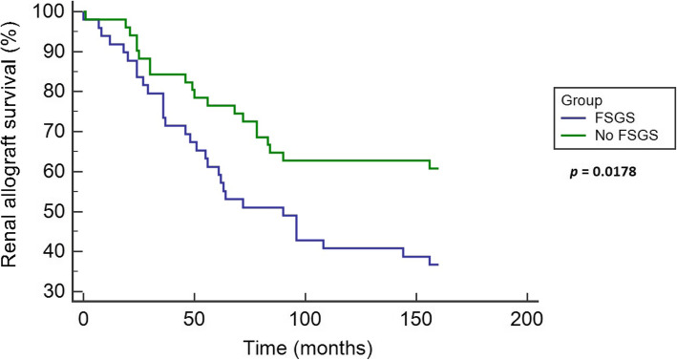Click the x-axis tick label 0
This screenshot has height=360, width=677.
click(84, 318)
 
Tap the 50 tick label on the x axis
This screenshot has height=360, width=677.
click(195, 318)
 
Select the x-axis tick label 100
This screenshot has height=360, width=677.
click(306, 318)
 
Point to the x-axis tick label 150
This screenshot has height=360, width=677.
click(416, 318)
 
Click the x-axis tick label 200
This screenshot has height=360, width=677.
click(527, 318)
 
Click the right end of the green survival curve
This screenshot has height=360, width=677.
click(437, 168)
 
